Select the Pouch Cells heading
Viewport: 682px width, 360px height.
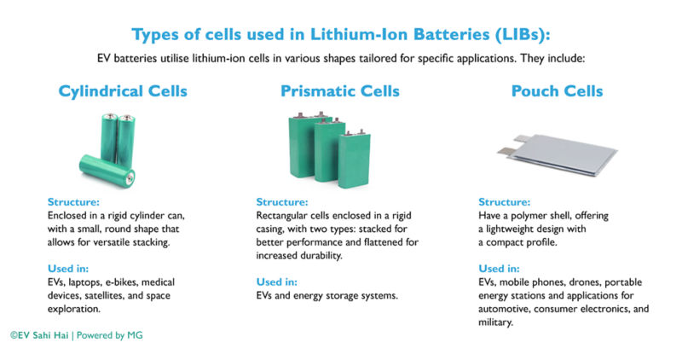click(x=557, y=90)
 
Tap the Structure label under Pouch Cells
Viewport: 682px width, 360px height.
click(x=505, y=202)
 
